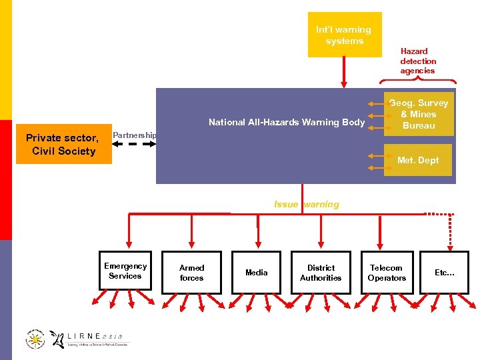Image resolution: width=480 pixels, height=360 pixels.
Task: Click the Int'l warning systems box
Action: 344,35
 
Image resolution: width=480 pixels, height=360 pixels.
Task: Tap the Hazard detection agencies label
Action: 417,61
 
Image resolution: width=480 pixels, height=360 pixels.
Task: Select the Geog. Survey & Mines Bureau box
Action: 419,115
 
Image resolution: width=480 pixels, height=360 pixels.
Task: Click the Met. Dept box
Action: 419,161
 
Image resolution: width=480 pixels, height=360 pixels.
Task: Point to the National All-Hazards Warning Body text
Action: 287,122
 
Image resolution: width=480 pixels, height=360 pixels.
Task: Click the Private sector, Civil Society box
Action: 61,144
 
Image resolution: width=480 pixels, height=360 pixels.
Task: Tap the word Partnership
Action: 134,135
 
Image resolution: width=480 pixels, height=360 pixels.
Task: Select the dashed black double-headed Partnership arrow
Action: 133,144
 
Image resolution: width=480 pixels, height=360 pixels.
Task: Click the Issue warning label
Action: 306,205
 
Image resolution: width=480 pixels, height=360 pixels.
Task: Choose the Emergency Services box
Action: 125,271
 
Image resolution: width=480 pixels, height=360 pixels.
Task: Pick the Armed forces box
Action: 192,272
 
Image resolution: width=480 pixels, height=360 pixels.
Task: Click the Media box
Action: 256,272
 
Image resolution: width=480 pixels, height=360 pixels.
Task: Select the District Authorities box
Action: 321,272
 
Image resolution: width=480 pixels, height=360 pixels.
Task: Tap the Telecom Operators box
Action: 387,272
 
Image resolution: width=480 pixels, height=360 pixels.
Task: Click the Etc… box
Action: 444,272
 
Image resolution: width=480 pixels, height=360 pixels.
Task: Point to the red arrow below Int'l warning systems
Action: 344,72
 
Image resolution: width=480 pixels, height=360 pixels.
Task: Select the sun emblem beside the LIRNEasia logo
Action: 35,339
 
